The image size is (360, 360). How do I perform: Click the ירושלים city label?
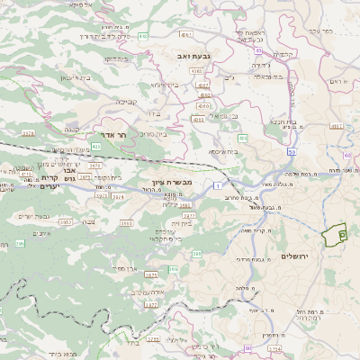pyautogui.click(x=294, y=256)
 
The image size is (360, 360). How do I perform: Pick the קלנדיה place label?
pyautogui.click(x=286, y=53)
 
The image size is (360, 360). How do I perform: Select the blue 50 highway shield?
pyautogui.click(x=293, y=128)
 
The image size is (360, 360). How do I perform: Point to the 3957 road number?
pyautogui.click(x=66, y=220)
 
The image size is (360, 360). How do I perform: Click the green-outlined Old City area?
pyautogui.click(x=340, y=232)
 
